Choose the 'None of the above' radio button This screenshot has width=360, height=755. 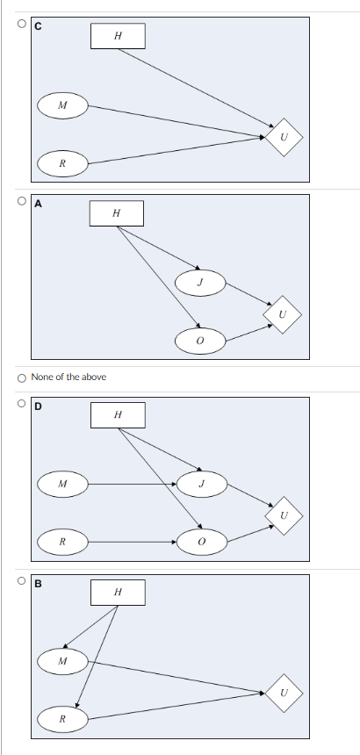tap(22, 377)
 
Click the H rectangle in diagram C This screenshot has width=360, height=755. tap(118, 36)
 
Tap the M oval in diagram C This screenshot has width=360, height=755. tap(61, 105)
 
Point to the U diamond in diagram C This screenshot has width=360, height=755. tap(283, 137)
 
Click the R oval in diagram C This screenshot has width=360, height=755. tap(61, 162)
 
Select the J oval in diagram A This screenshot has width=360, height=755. tap(201, 282)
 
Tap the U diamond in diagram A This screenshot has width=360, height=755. tap(282, 313)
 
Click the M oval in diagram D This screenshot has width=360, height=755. tap(61, 483)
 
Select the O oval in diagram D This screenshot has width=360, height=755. tap(200, 542)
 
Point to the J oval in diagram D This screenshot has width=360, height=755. tap(201, 483)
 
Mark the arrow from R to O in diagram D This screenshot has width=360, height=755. tap(132, 542)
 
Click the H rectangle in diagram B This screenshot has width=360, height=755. tap(118, 593)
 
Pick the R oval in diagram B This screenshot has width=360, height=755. tap(61, 719)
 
